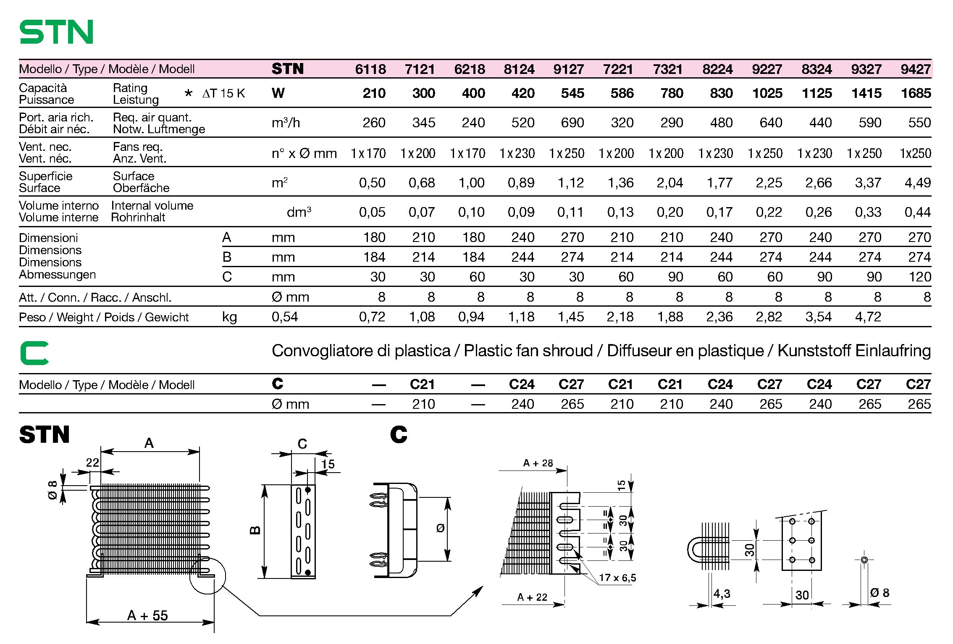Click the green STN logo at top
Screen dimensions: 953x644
point(56,32)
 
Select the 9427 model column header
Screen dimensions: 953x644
point(916,69)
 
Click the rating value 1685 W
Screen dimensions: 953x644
point(916,93)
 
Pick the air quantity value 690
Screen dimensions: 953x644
point(572,123)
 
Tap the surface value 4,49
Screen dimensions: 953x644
point(918,183)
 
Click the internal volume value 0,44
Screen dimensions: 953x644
point(918,212)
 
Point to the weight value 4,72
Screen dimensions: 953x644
point(868,317)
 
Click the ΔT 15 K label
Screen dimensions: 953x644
point(223,93)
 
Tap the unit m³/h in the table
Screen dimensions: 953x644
point(286,123)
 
